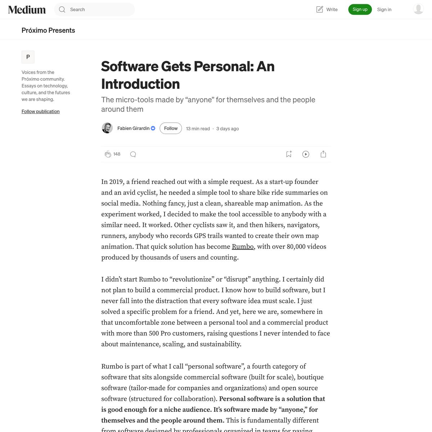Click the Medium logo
click(27, 10)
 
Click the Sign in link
click(384, 10)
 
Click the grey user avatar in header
click(418, 9)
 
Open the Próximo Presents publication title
click(48, 30)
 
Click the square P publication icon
click(28, 57)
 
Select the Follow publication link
click(41, 111)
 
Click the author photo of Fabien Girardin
click(107, 128)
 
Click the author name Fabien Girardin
click(133, 128)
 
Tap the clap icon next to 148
click(108, 154)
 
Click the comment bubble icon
click(133, 154)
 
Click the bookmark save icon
click(289, 154)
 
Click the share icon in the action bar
click(323, 154)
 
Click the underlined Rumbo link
click(243, 247)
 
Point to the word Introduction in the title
click(140, 84)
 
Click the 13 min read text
click(198, 129)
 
